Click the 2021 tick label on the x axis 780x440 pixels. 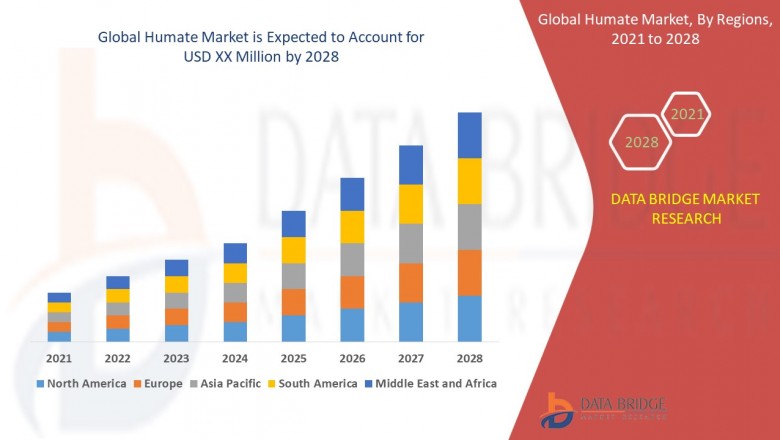pyautogui.click(x=59, y=358)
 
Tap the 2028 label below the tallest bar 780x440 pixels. pyautogui.click(x=469, y=358)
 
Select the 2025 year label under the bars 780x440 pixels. pyautogui.click(x=293, y=358)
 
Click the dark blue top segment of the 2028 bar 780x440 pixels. pyautogui.click(x=469, y=135)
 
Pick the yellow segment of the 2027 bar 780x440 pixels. pyautogui.click(x=410, y=204)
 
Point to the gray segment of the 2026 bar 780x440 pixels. pyautogui.click(x=352, y=259)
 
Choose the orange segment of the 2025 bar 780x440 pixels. pyautogui.click(x=293, y=302)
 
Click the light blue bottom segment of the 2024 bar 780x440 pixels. pyautogui.click(x=235, y=331)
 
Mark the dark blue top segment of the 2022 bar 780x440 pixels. pyautogui.click(x=118, y=282)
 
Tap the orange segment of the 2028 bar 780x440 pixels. pyautogui.click(x=469, y=272)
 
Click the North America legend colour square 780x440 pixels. pyautogui.click(x=40, y=383)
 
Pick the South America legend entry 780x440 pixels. pyautogui.click(x=315, y=383)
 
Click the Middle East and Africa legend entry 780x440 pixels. pyautogui.click(x=435, y=383)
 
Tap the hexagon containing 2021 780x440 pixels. pyautogui.click(x=687, y=114)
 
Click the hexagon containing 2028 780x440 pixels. pyautogui.click(x=641, y=142)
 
